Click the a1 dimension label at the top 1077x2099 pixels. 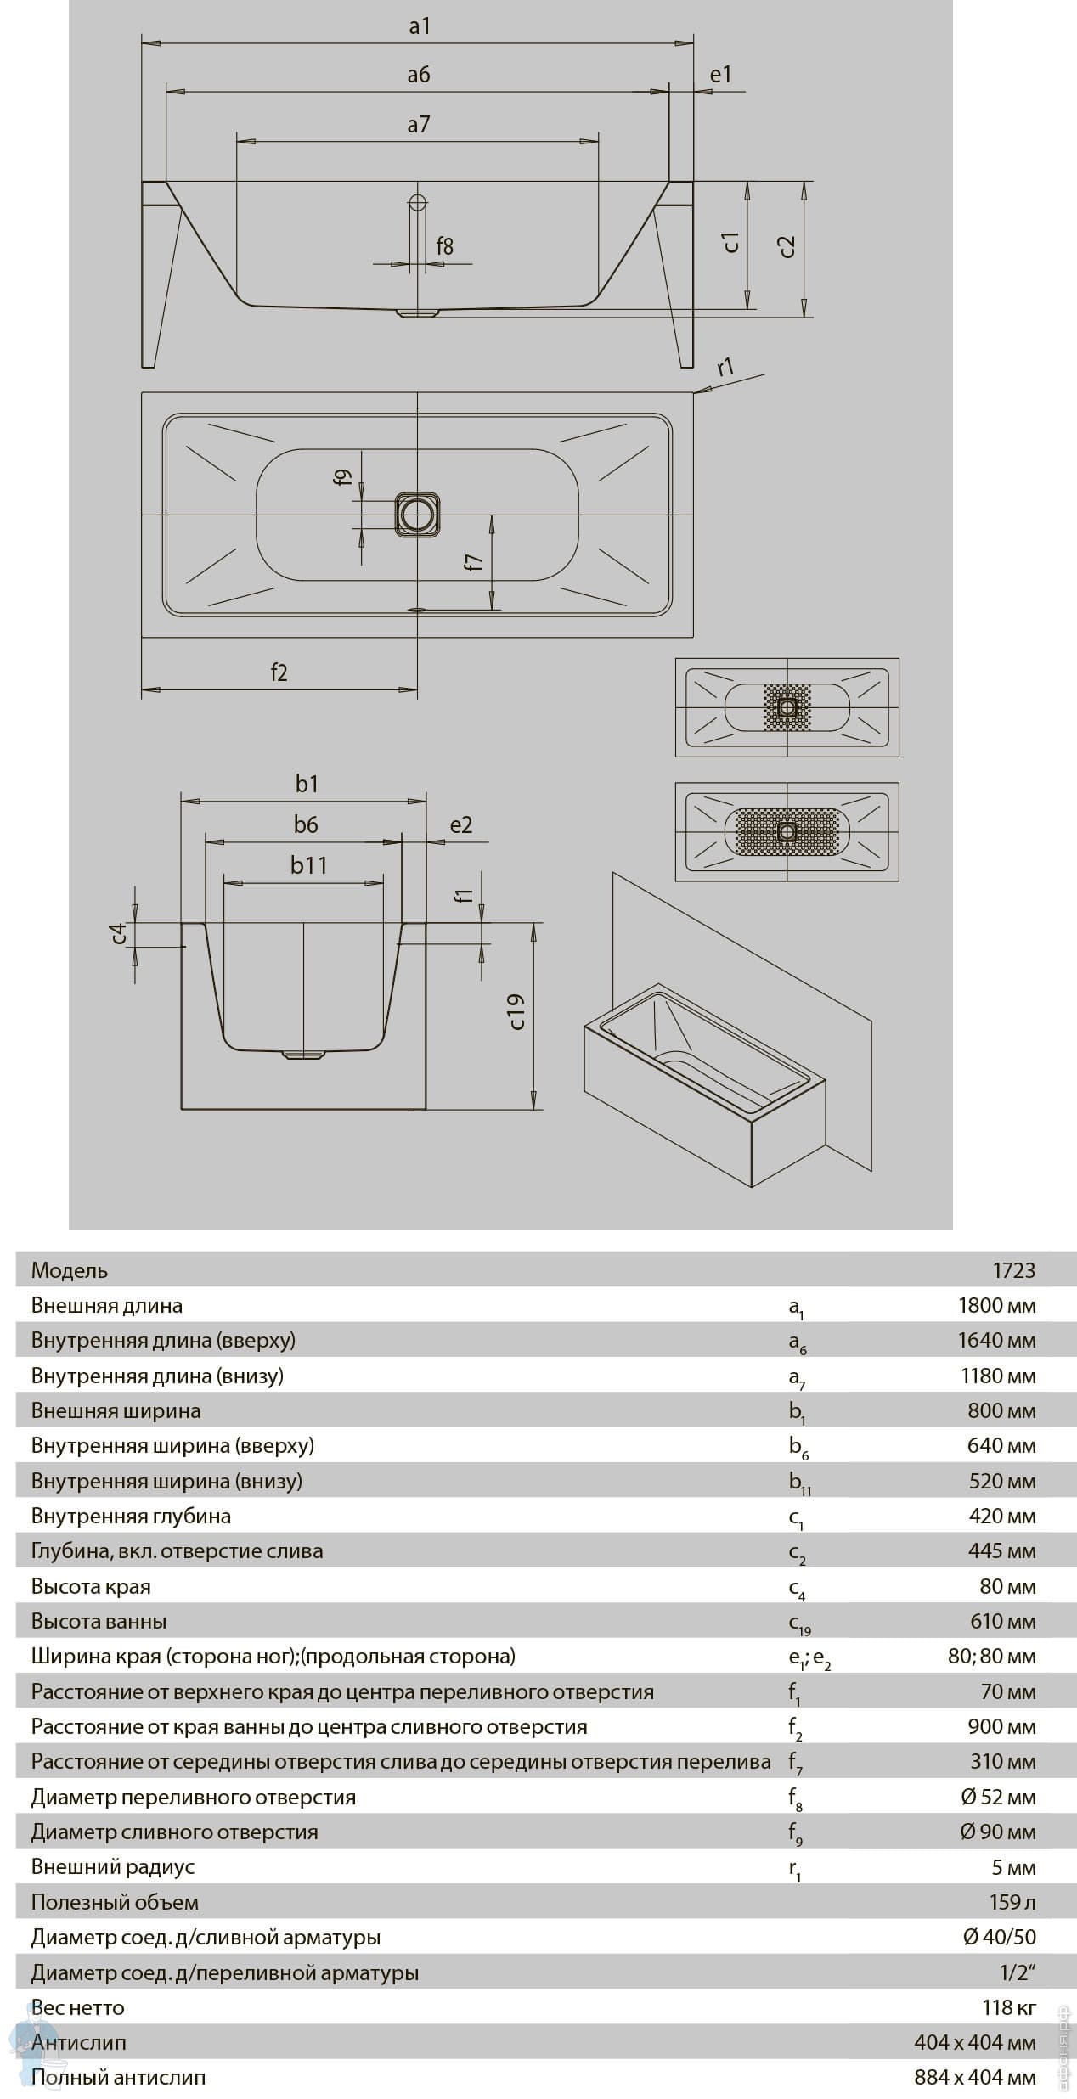(x=420, y=26)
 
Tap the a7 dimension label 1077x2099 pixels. (x=418, y=125)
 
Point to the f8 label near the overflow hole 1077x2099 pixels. (x=444, y=246)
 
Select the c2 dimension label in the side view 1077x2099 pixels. (x=787, y=245)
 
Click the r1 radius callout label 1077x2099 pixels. (x=725, y=368)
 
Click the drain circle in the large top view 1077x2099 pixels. (x=417, y=515)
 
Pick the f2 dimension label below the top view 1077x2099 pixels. (x=279, y=672)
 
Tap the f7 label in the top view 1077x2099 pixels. (x=474, y=562)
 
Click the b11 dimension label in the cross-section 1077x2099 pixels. (x=308, y=865)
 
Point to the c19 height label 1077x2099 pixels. (x=516, y=1011)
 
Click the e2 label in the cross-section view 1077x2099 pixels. (x=460, y=824)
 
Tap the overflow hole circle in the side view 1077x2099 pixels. (x=417, y=203)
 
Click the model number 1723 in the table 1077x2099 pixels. (x=1014, y=1270)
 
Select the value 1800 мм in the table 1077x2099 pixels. (x=996, y=1305)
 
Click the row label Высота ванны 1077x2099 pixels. (x=99, y=1621)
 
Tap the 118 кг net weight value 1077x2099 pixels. (x=1009, y=2007)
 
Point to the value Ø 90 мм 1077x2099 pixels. (x=998, y=1832)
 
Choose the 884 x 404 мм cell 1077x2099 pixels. (x=974, y=2077)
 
